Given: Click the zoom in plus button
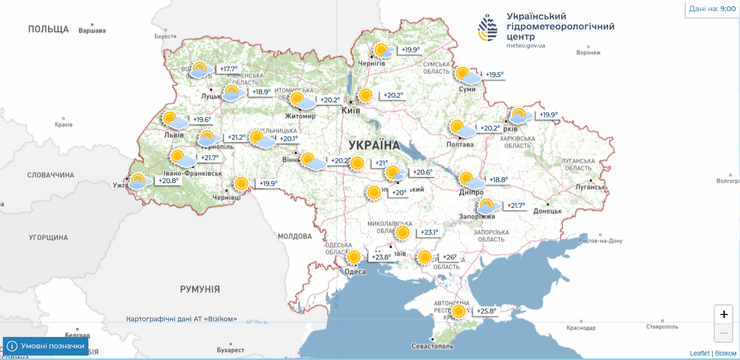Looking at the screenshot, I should (724, 314).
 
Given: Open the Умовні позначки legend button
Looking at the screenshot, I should (45, 345).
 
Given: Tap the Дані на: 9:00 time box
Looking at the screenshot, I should (712, 8).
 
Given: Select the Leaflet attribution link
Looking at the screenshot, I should (700, 353).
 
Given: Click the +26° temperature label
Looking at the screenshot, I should (449, 257).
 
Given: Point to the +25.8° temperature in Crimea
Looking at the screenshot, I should (485, 311).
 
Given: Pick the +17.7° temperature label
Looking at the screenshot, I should (229, 69).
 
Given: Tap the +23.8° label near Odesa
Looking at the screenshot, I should (380, 257).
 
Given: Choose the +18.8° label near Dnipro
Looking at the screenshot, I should (497, 180).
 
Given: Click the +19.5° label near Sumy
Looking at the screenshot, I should (494, 74).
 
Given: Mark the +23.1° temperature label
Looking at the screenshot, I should (428, 232).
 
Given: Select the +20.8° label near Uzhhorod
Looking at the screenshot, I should (169, 181).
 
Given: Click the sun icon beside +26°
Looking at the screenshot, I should (424, 257).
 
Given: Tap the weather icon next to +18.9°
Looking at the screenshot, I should (232, 93).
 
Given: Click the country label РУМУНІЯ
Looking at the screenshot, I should (199, 289).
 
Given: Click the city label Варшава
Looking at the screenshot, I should (91, 31).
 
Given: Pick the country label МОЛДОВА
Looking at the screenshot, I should (295, 236).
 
